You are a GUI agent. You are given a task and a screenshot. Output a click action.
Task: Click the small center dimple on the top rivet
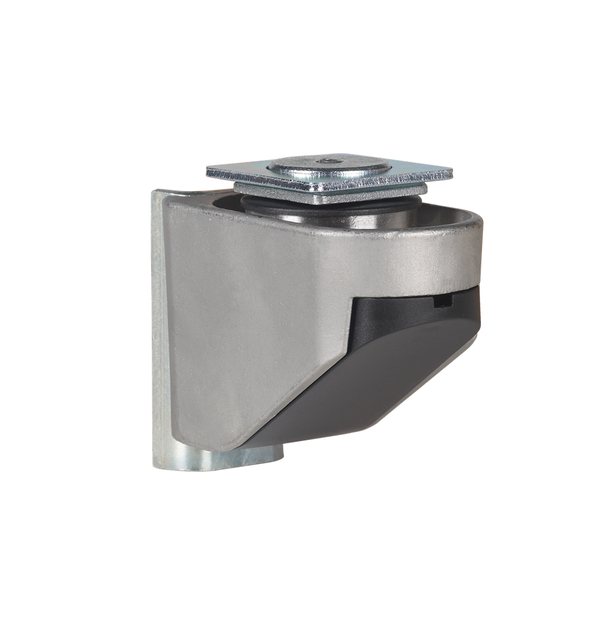click(326, 161)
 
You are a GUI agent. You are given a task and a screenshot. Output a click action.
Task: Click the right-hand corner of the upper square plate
click(452, 175)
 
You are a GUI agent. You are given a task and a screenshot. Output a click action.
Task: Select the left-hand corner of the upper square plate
click(208, 172)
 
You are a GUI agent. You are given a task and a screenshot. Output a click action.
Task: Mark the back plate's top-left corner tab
click(160, 194)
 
